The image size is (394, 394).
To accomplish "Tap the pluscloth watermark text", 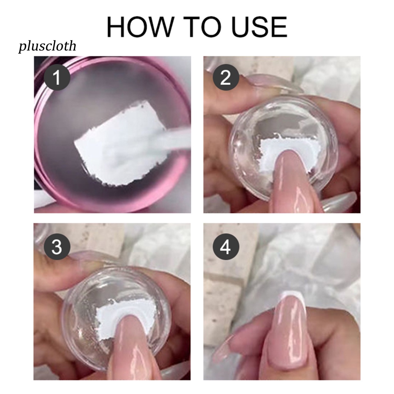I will coord(47,47).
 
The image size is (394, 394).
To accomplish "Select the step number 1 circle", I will coord(57,78).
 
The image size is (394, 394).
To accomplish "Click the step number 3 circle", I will coord(57,247).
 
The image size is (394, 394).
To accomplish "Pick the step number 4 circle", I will coord(225,247).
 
